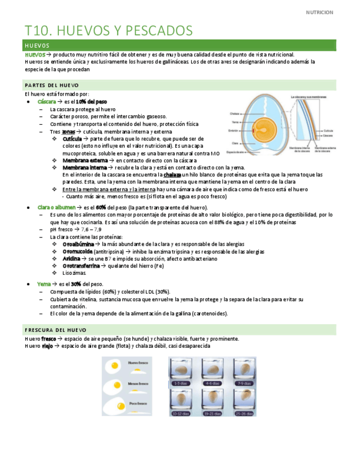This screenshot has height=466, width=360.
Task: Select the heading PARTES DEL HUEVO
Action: pyautogui.click(x=52, y=85)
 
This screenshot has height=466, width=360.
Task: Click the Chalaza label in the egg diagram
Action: pyautogui.click(x=235, y=114)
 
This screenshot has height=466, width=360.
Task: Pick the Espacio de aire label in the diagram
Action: pyautogui.click(x=238, y=152)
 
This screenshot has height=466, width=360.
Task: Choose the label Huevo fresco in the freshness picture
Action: pyautogui.click(x=138, y=363)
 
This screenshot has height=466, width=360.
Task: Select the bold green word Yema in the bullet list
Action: pyautogui.click(x=44, y=284)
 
